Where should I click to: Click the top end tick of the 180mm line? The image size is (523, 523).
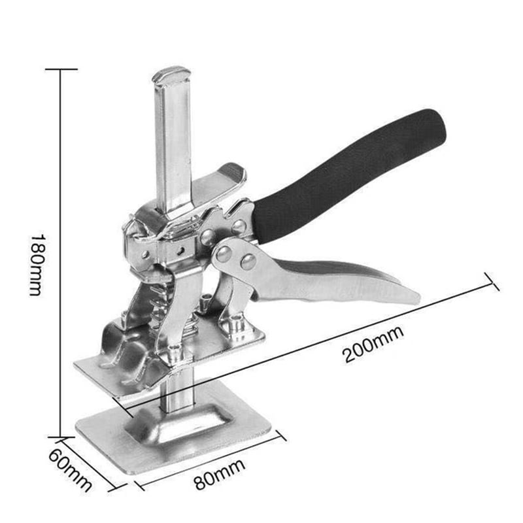61,69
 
